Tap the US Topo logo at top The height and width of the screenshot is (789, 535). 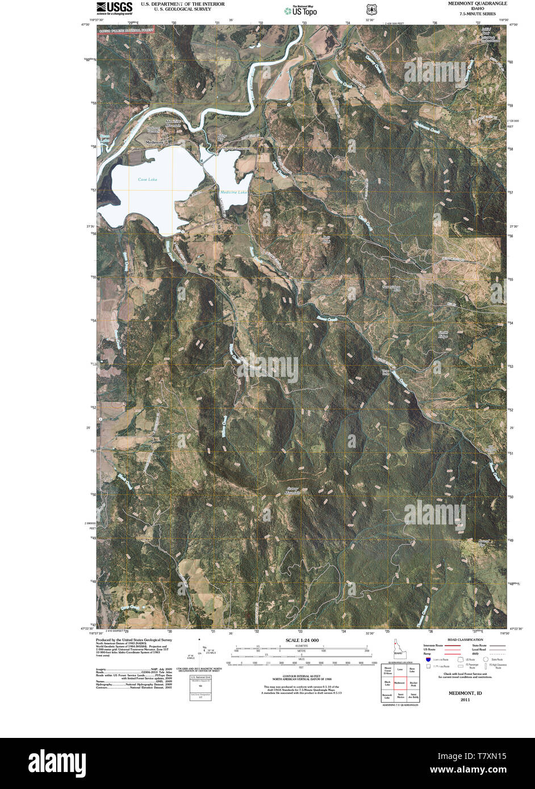(x=300, y=10)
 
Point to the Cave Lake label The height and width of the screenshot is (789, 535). (x=147, y=179)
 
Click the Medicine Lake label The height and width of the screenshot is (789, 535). (x=233, y=192)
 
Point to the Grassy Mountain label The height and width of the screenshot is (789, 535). (x=293, y=490)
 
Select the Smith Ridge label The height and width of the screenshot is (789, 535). (x=443, y=334)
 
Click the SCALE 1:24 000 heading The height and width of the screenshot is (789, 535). (x=302, y=640)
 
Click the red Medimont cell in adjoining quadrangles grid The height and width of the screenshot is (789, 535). (x=400, y=683)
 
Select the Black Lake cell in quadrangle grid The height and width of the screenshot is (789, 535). (x=387, y=683)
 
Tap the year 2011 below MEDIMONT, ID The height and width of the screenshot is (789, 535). (x=465, y=700)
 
